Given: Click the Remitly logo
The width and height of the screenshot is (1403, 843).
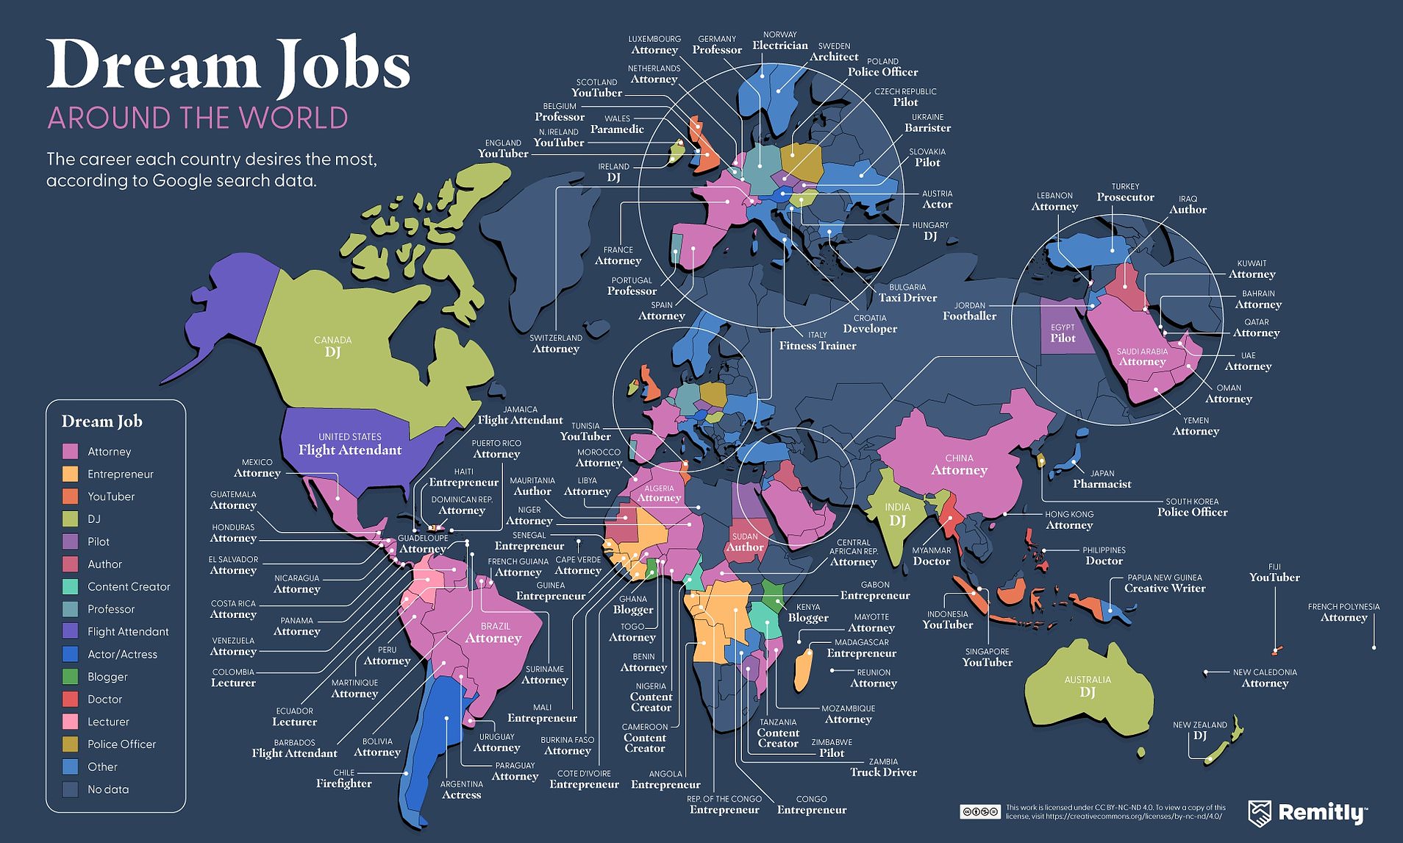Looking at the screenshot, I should (1307, 812).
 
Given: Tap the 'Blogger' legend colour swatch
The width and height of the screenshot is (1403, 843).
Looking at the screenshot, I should (71, 677).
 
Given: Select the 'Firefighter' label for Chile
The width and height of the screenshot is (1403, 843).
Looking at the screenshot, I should (343, 783).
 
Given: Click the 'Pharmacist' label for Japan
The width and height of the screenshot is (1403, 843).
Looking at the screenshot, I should (1102, 484).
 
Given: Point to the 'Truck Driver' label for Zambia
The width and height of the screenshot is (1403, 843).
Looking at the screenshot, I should (883, 772).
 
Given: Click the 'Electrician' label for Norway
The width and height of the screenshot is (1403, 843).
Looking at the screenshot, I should (779, 46).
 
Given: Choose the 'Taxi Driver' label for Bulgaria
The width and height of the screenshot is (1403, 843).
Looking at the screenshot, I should (907, 298).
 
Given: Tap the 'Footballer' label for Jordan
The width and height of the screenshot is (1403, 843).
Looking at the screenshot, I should (969, 316).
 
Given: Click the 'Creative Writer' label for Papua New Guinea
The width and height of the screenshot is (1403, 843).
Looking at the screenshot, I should (1164, 588).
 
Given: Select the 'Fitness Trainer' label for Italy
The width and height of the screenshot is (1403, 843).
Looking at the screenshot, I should (818, 346).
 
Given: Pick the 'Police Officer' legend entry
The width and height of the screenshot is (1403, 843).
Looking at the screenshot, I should (121, 744).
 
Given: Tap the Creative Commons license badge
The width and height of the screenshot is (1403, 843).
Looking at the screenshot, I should (979, 811).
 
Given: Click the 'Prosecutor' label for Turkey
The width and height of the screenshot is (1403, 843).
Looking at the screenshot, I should (1125, 197).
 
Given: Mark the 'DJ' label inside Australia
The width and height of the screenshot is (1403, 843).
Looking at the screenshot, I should (1087, 692).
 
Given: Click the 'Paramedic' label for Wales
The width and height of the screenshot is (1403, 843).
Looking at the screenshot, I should (617, 129).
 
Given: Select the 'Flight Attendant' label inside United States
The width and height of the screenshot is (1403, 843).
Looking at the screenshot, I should (350, 450).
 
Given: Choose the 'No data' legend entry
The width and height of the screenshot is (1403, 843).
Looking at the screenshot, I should (107, 789).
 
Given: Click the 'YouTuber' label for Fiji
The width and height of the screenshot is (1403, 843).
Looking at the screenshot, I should (1274, 577).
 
